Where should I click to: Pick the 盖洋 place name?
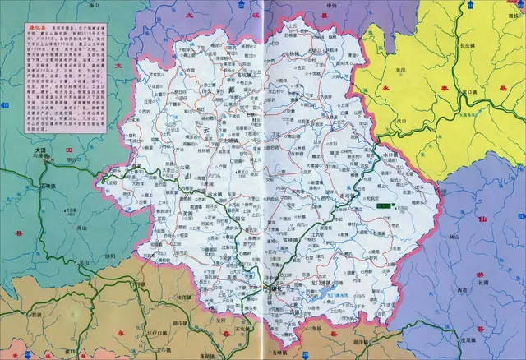[404, 72]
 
